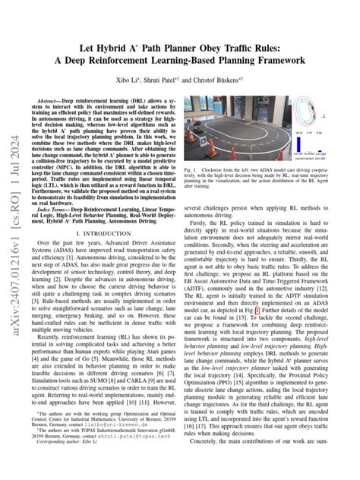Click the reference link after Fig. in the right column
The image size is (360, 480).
click(258, 311)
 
